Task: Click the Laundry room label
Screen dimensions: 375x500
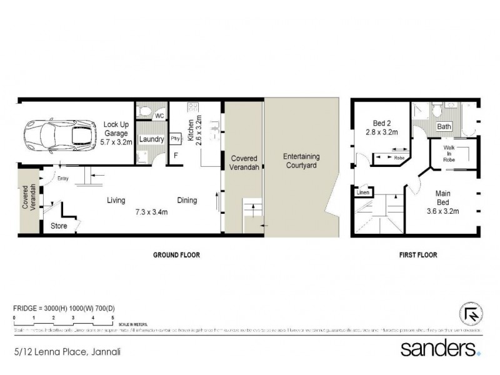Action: [x=152, y=139]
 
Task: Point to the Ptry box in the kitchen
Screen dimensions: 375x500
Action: [x=175, y=139]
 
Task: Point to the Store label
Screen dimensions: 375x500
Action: [x=59, y=226]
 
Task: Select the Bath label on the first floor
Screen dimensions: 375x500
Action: [x=444, y=127]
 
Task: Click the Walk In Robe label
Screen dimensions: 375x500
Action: [x=449, y=153]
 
